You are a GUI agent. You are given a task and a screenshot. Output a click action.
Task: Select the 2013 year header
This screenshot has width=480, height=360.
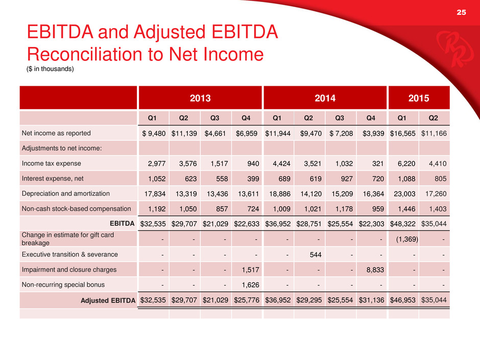pyautogui.click(x=200, y=98)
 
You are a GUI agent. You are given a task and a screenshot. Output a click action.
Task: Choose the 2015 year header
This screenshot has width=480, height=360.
pyautogui.click(x=418, y=98)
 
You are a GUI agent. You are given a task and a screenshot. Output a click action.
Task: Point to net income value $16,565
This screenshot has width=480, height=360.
pyautogui.click(x=404, y=133)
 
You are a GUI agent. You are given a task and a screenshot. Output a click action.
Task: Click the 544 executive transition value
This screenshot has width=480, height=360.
pyautogui.click(x=309, y=254)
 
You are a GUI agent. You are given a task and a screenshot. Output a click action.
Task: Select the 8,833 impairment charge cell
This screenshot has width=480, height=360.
pyautogui.click(x=371, y=269)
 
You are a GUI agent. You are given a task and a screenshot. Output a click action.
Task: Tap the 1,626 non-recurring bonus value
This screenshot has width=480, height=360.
pyautogui.click(x=247, y=284)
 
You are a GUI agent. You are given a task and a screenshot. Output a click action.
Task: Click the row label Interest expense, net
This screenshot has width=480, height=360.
pyautogui.click(x=52, y=179)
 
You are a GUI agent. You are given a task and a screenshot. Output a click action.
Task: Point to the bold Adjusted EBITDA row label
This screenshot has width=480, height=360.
pyautogui.click(x=108, y=300)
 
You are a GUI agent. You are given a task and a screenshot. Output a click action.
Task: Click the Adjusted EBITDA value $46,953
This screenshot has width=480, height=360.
pyautogui.click(x=404, y=300)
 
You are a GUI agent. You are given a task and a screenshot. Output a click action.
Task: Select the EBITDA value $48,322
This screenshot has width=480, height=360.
pyautogui.click(x=404, y=224)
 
